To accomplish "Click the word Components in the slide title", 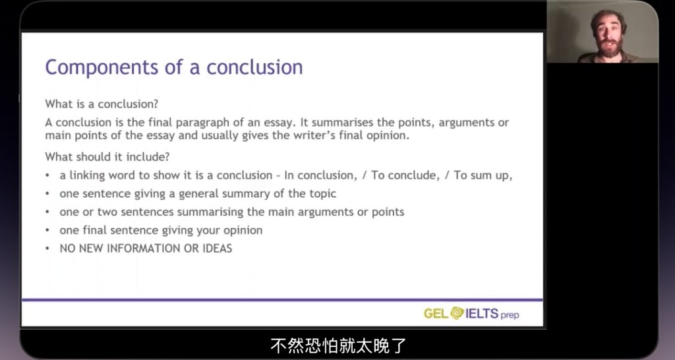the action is (x=102, y=68).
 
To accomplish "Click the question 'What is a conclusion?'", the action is (x=102, y=104).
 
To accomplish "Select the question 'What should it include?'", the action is (x=107, y=157).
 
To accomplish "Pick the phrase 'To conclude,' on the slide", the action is (x=405, y=175).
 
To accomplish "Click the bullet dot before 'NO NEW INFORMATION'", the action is (x=47, y=249).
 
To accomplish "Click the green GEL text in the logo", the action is (x=436, y=313).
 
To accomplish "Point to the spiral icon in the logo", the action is (x=457, y=313).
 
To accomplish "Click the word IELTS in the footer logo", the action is (x=482, y=313).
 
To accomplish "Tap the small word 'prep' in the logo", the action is (x=510, y=315).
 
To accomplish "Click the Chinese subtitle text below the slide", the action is (x=338, y=345).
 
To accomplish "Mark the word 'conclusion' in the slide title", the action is (x=254, y=68).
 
